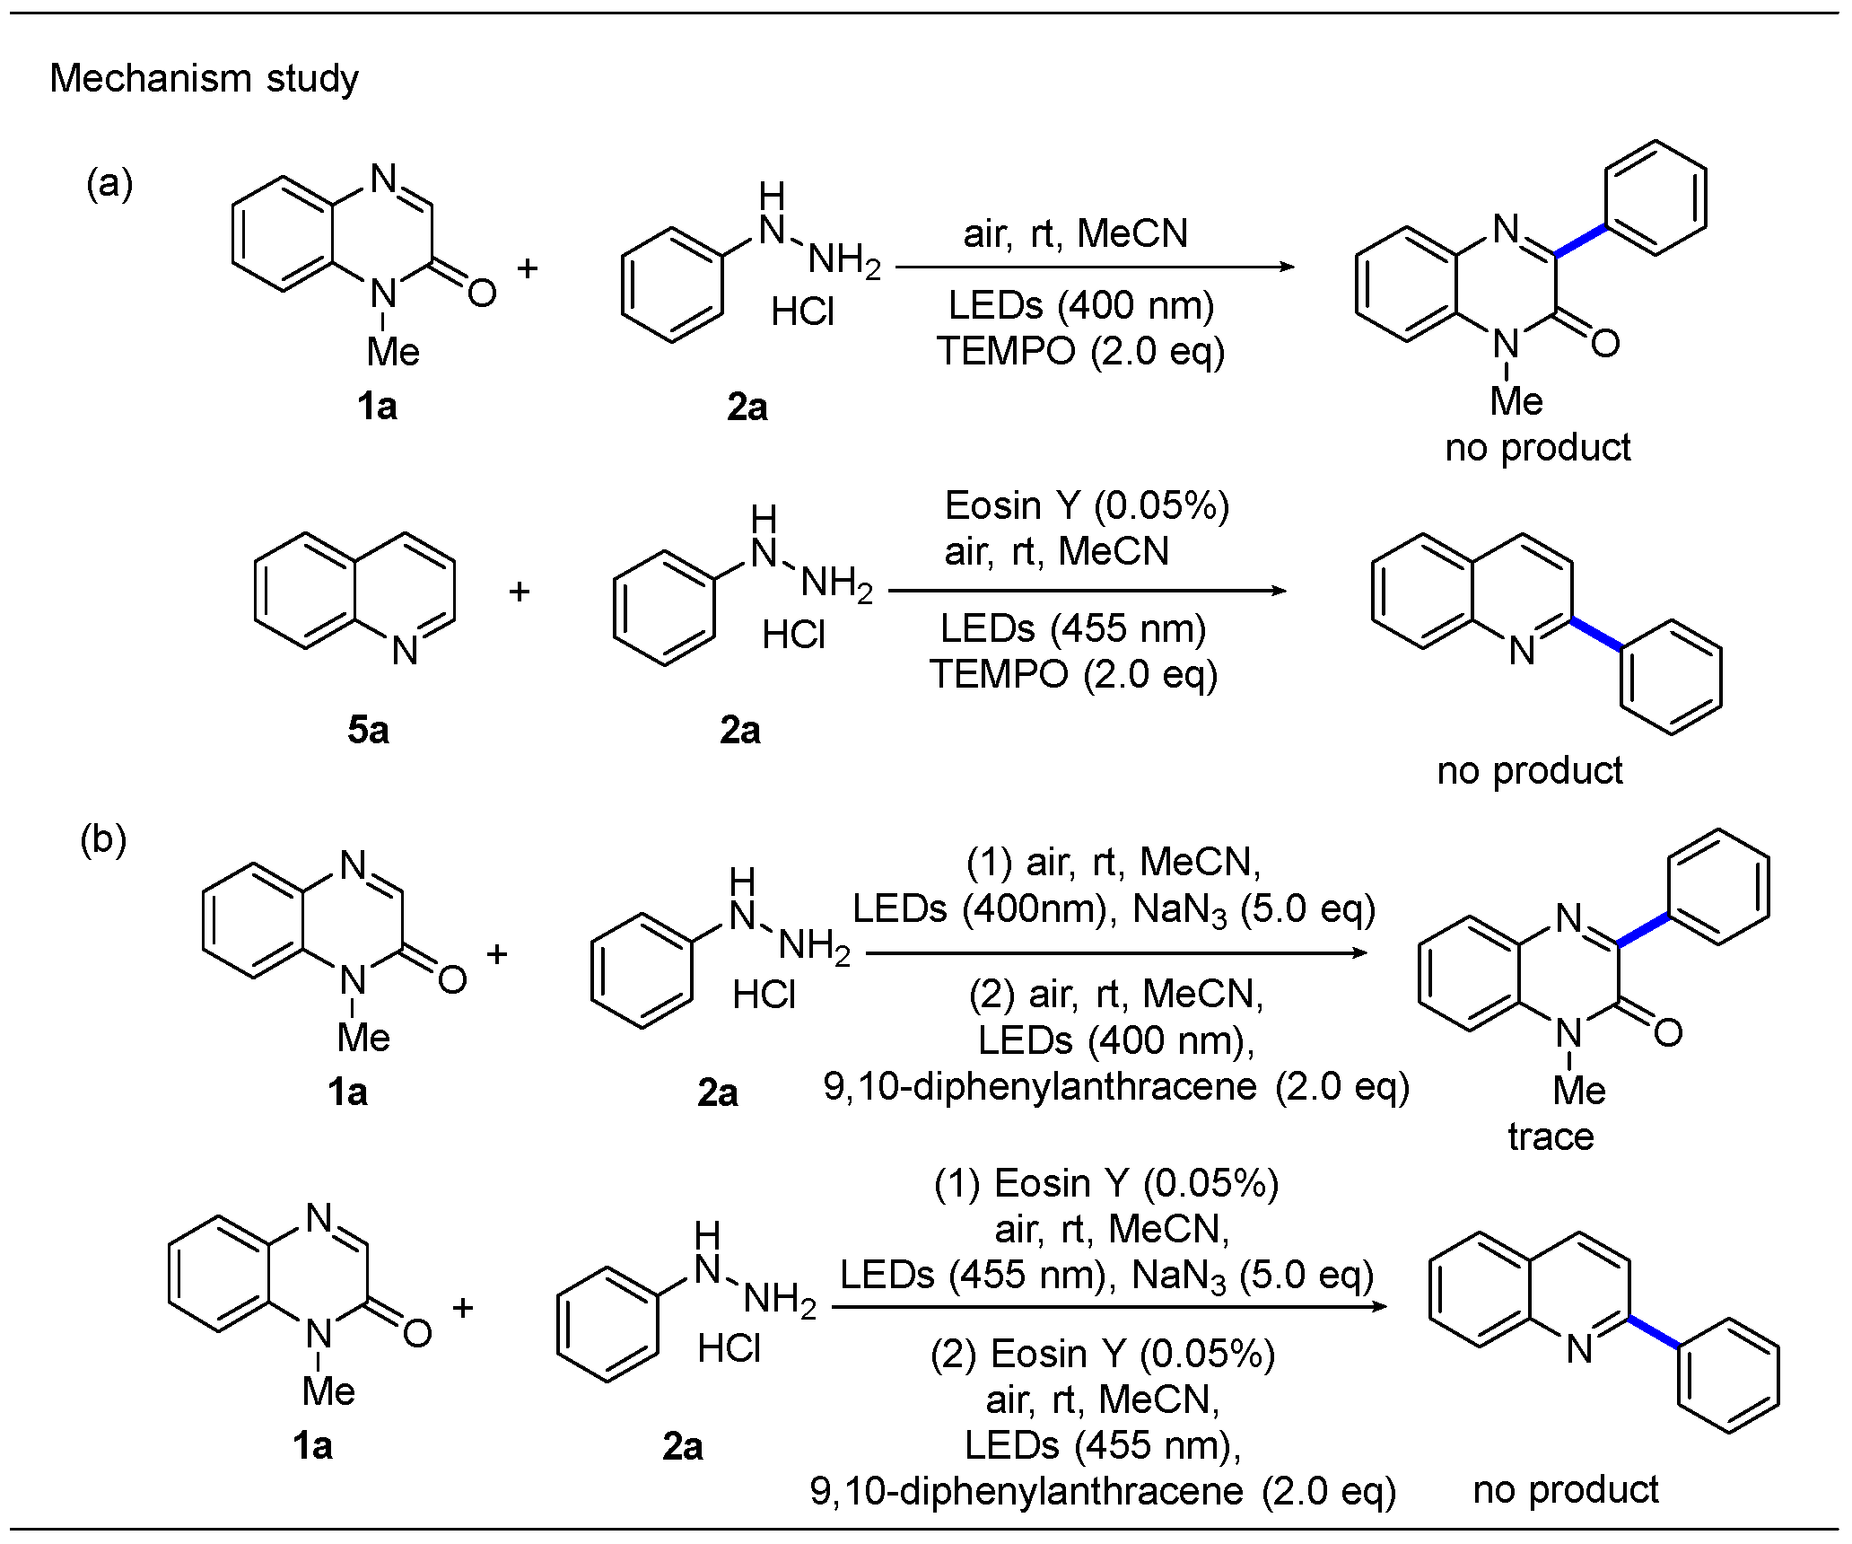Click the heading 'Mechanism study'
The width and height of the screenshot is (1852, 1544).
point(204,79)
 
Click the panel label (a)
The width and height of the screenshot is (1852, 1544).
point(109,184)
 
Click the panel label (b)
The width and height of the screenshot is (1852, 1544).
point(103,840)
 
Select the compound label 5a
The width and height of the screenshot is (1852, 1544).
point(368,731)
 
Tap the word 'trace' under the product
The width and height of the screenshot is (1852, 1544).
point(1551,1136)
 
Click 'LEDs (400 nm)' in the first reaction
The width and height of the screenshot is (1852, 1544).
point(1080,306)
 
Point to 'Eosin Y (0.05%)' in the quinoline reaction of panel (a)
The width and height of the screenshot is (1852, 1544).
point(1087,506)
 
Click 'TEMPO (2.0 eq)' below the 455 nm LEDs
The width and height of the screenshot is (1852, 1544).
point(1073,674)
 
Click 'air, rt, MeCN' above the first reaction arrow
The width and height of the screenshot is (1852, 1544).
point(1075,234)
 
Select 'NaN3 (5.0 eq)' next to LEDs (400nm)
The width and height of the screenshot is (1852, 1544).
point(1254,910)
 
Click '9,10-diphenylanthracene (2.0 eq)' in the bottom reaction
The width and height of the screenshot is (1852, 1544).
point(1103,1491)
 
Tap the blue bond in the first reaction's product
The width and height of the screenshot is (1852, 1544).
point(1580,241)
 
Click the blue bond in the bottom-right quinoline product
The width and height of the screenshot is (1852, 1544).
point(1653,1331)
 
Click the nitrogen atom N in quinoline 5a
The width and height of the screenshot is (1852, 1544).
point(405,650)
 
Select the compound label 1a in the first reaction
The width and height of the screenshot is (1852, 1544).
point(377,408)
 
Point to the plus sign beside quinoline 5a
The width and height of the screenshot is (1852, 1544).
point(519,592)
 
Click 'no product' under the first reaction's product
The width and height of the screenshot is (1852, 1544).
point(1537,448)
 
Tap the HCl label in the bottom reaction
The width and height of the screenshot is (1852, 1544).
point(729,1349)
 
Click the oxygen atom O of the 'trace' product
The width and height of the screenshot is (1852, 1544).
point(1667,1033)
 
